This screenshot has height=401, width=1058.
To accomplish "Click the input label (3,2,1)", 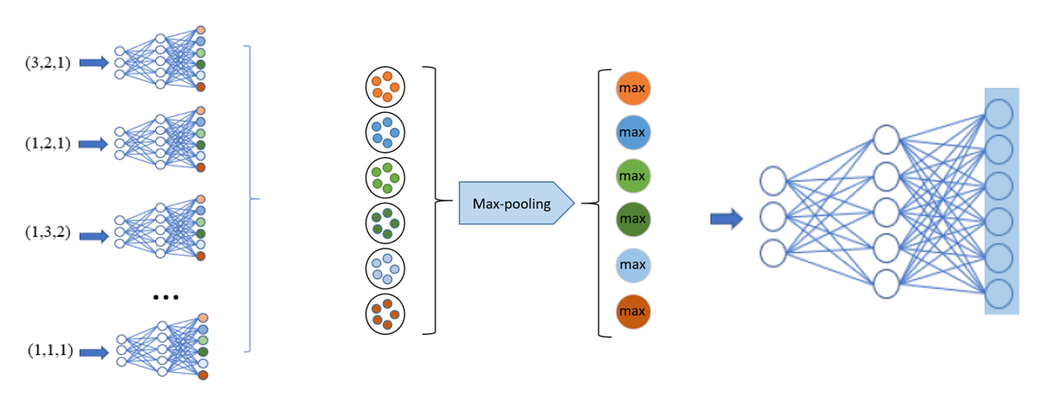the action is pos(47,63).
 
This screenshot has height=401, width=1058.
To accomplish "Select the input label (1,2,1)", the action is pos(47,143).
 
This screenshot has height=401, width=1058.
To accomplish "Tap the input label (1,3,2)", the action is pos(47,232).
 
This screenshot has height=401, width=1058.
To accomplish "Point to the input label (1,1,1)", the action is pos(50,350).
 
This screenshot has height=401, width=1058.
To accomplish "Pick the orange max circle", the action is pos(633,89).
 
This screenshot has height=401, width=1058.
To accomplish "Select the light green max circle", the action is pos(633,176).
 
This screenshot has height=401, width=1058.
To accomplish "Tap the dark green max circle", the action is pos(633,219).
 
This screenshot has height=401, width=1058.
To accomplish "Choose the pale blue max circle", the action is pos(633,265).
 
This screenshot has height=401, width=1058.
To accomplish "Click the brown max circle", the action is pos(633,312).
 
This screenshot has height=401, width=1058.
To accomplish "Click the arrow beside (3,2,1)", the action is pos(94,63).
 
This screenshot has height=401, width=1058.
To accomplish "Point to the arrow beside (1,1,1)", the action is pos(94,353).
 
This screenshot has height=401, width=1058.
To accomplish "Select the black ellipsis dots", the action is pos(166,297).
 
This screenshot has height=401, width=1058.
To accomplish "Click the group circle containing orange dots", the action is pos(385,87).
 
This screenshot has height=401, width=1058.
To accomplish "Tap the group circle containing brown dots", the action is pos(385,314).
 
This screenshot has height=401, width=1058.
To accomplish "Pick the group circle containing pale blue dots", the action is pos(385,269).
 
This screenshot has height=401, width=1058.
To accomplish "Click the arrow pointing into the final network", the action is pos(727,219).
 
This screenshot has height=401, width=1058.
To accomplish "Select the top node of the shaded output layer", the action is pos(998,114).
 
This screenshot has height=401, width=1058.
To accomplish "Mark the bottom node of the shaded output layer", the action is pos(998,294).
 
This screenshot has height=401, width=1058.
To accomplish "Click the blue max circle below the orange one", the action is pos(633,132).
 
